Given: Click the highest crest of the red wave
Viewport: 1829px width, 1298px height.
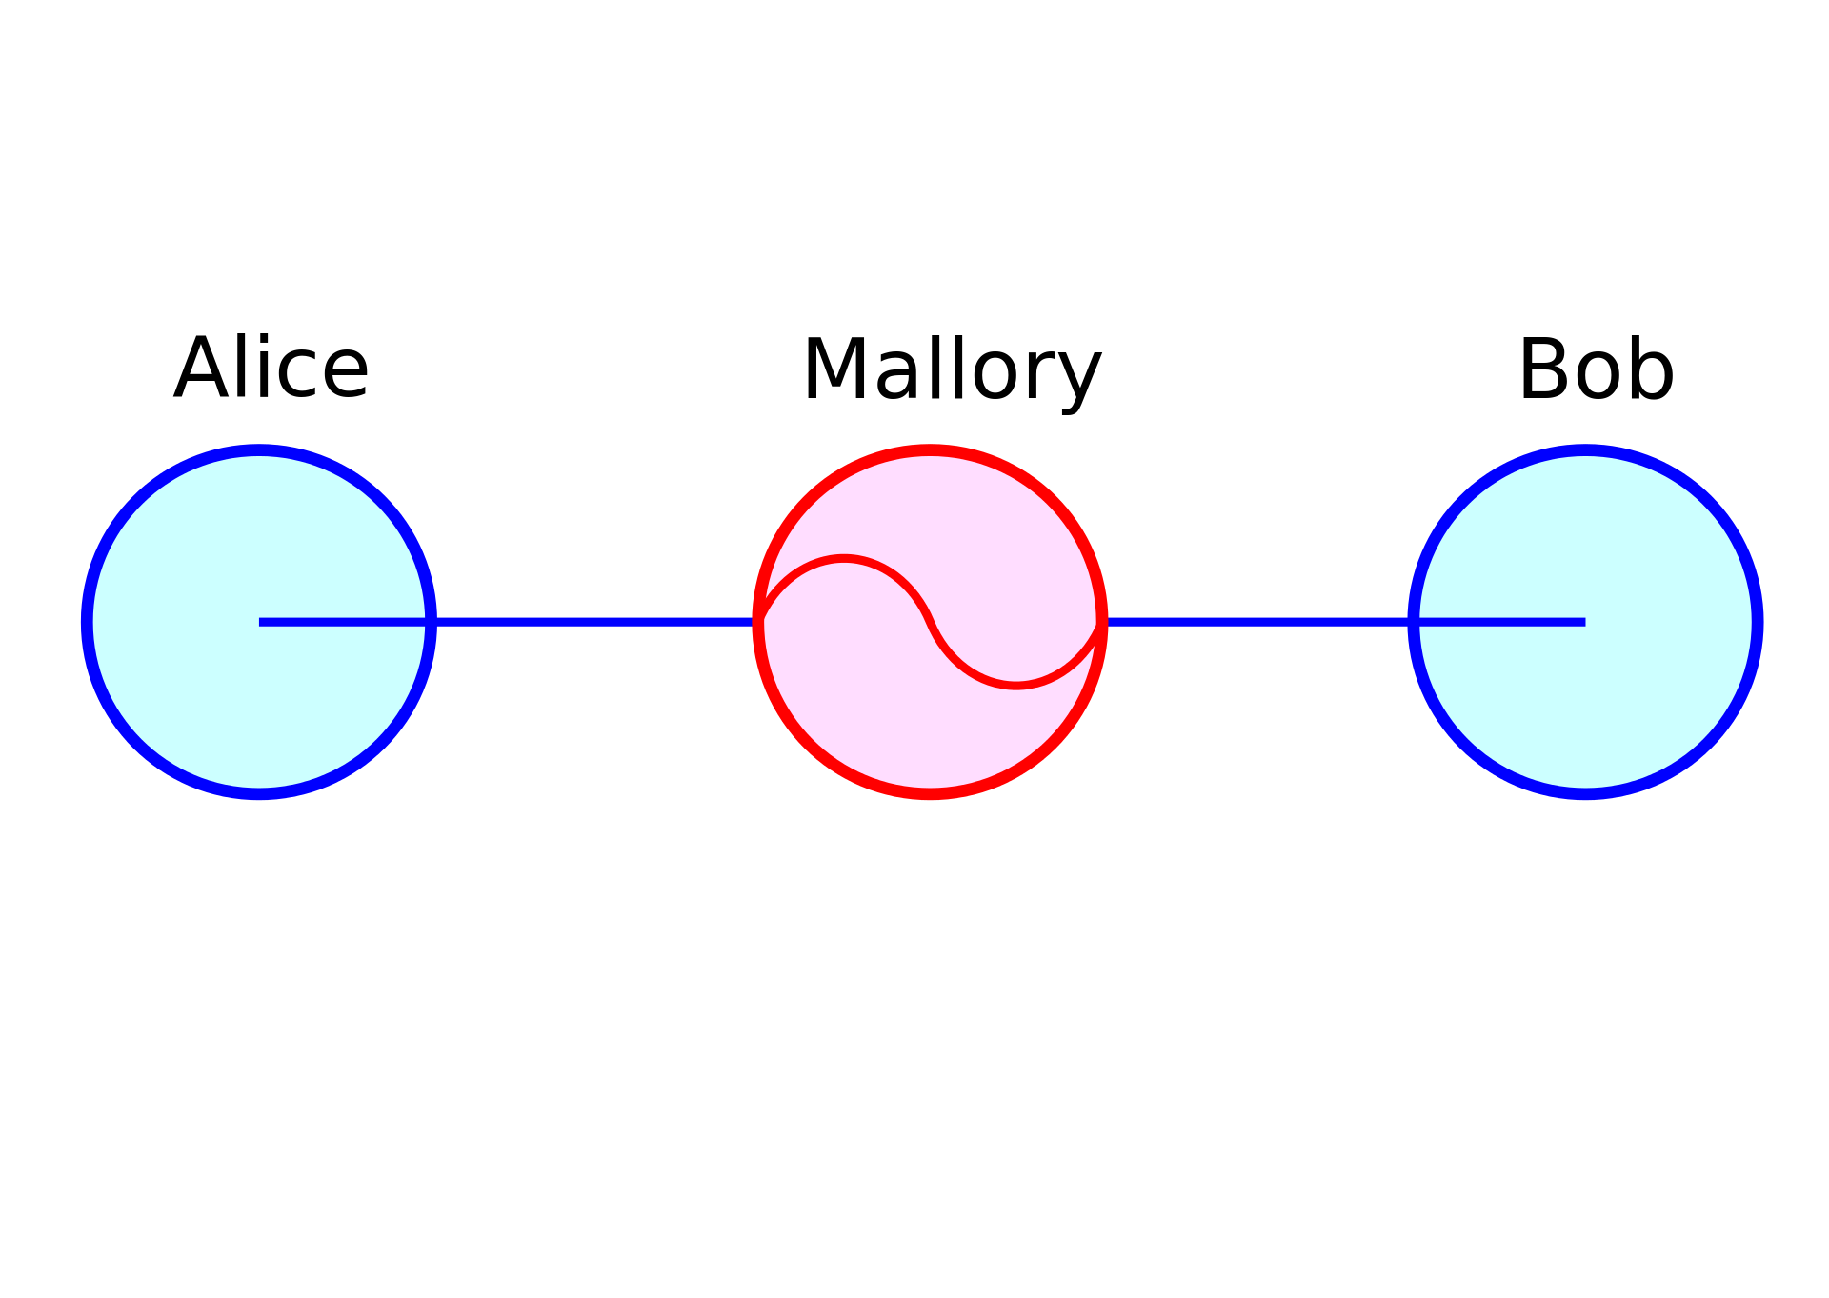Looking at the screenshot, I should tap(844, 559).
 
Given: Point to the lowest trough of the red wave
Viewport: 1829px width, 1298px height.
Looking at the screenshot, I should tap(1016, 685).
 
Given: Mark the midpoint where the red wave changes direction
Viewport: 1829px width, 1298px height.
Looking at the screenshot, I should tap(931, 622).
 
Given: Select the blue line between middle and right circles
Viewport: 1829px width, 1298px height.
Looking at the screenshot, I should tap(1257, 622).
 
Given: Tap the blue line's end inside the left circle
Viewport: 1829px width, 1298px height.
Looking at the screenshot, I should tap(261, 622).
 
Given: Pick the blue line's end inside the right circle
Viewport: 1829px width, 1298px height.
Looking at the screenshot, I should tap(1583, 622).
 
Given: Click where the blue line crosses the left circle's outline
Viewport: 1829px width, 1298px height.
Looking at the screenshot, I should tap(431, 622).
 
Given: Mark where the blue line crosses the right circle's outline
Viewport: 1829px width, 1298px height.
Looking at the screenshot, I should tap(1414, 622).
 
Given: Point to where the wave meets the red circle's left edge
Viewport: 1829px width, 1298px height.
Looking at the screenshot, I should tap(759, 622).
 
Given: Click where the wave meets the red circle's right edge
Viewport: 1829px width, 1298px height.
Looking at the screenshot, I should tap(1101, 622).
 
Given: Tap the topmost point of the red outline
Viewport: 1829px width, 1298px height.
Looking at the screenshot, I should tap(930, 450).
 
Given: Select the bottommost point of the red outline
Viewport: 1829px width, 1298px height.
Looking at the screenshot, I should tap(930, 793).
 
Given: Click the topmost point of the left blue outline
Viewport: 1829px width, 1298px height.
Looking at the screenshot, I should tap(259, 450).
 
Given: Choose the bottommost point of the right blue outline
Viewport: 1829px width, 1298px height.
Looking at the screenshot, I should tap(1585, 793).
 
